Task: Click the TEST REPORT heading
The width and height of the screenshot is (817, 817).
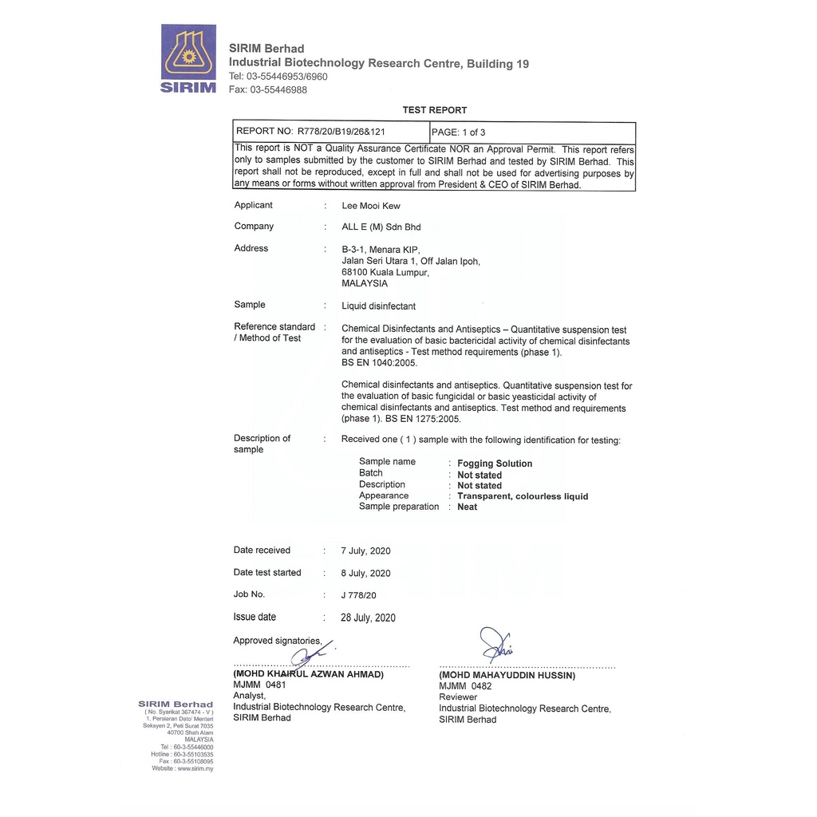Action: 435,110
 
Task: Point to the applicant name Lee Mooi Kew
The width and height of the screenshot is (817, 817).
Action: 371,206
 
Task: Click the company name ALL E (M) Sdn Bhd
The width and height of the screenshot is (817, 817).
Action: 381,227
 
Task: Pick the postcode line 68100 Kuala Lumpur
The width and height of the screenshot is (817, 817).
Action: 385,272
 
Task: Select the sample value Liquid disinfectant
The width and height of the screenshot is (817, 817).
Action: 378,306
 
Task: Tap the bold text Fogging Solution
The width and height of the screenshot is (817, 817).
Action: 495,464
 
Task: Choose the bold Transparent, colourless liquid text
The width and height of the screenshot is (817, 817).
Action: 523,496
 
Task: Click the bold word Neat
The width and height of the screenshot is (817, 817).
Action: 468,507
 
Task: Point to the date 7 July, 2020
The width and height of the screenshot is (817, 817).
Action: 365,551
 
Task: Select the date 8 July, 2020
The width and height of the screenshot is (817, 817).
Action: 365,573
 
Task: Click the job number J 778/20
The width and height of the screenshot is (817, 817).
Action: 358,595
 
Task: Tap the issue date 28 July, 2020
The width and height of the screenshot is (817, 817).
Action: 368,618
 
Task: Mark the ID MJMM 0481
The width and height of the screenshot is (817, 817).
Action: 259,685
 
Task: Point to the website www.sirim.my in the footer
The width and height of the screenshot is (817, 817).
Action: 194,768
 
